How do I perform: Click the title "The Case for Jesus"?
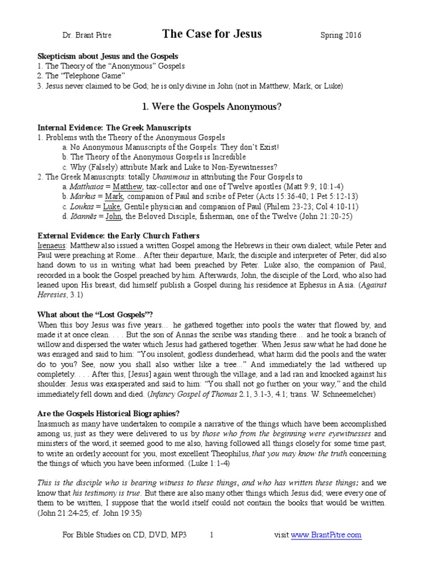(212, 34)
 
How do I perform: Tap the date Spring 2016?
(341, 36)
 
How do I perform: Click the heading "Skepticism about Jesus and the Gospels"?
(107, 56)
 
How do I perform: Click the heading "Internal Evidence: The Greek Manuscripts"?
(114, 127)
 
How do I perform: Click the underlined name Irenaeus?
(54, 245)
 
